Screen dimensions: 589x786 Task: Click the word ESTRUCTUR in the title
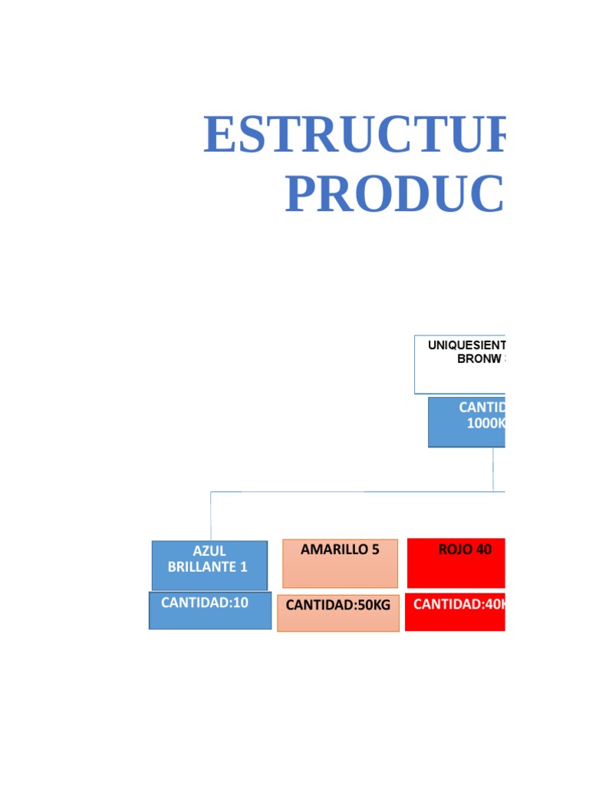coord(354,135)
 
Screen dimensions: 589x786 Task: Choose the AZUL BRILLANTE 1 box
coord(209,565)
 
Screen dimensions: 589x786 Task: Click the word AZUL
coord(209,551)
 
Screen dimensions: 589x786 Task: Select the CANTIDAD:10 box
coord(209,610)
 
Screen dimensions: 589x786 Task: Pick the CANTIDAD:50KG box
coord(337,613)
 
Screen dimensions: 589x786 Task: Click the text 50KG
coord(373,605)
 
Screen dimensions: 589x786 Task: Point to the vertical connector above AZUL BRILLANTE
coord(211,516)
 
